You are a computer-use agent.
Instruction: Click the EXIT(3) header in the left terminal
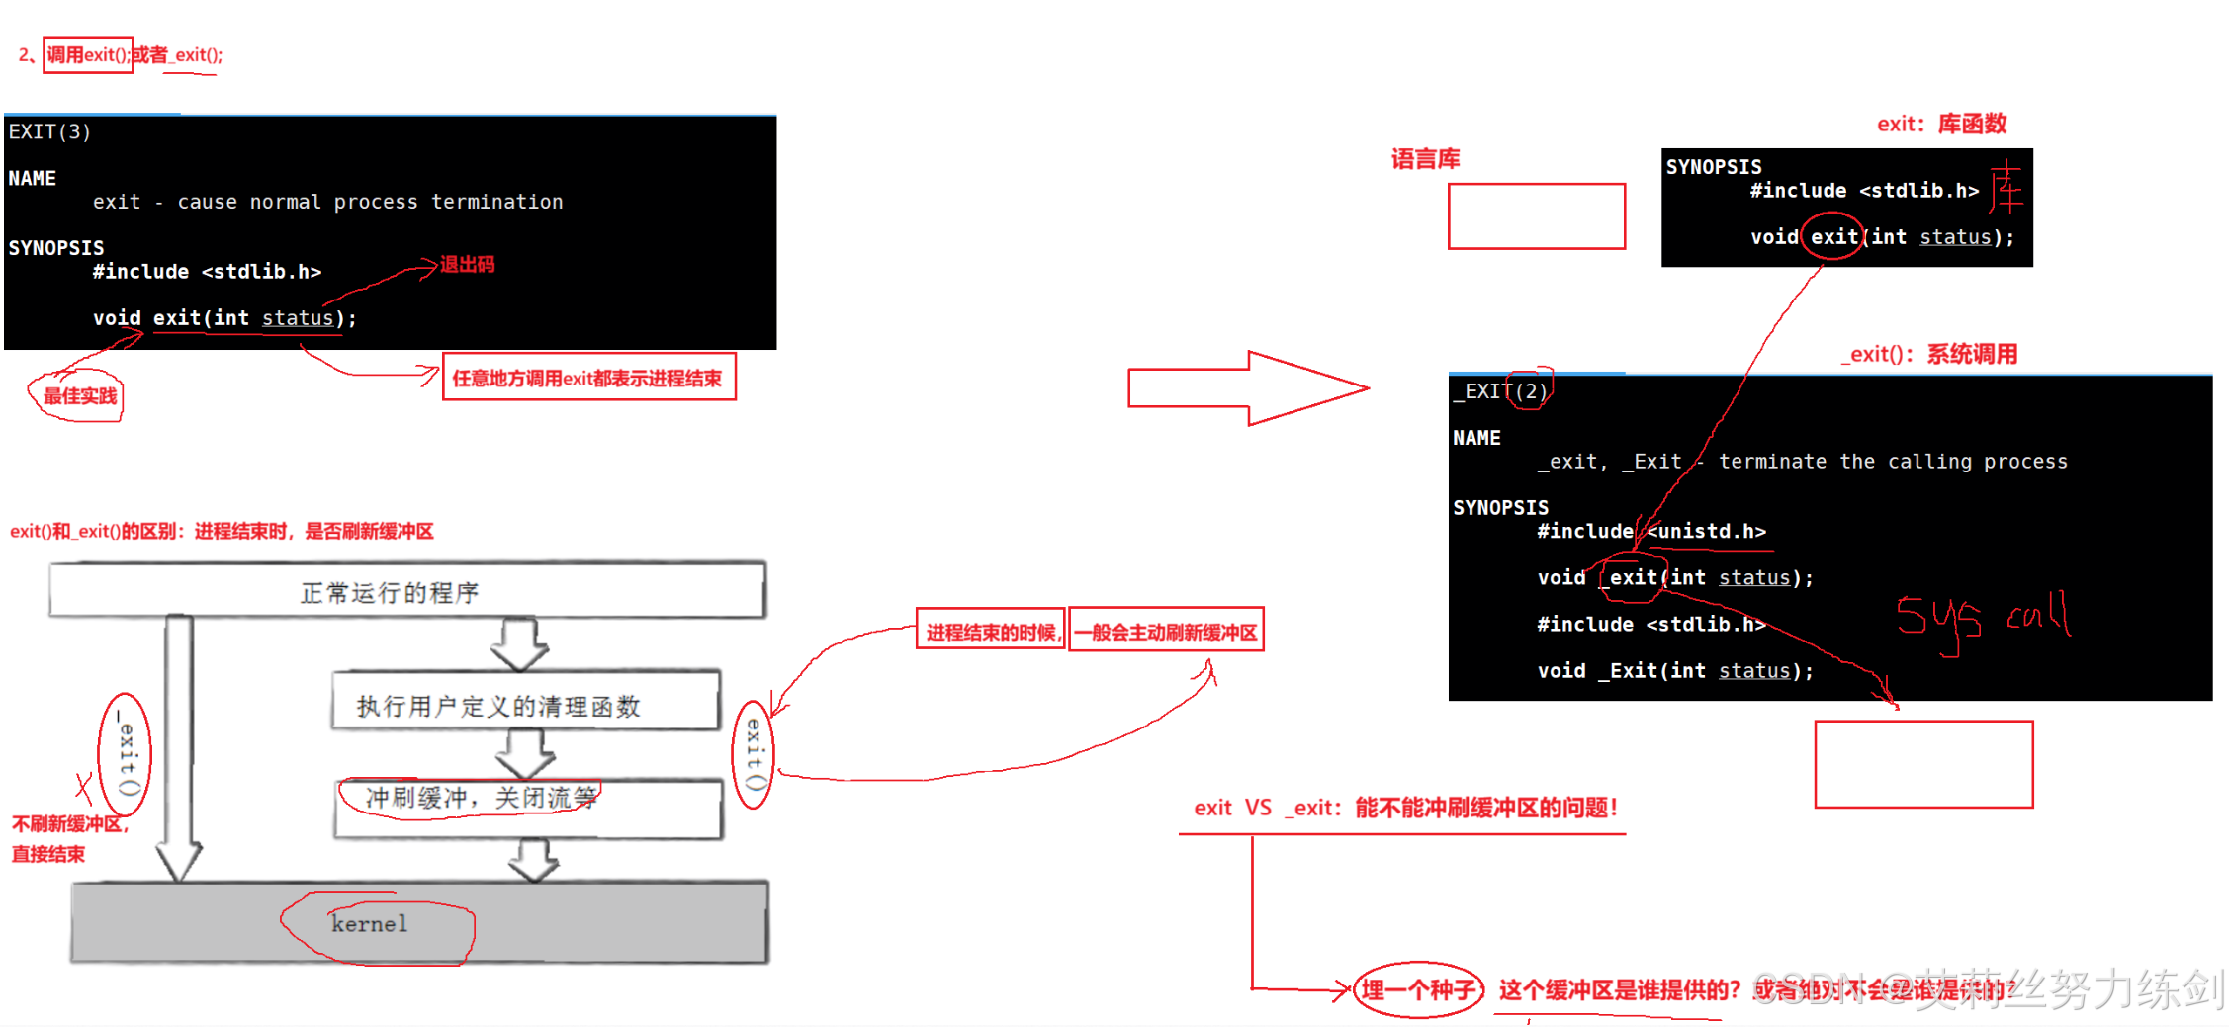pos(49,131)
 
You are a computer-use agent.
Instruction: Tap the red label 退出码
pos(467,265)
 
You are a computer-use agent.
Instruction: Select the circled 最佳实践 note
pos(79,396)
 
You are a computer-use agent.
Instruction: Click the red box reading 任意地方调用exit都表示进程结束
pos(588,378)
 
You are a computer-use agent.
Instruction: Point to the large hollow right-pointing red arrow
pos(1248,387)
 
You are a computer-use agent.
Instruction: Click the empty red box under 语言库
pos(1536,215)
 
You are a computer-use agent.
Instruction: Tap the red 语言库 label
pos(1425,159)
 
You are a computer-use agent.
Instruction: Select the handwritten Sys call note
pos(1982,618)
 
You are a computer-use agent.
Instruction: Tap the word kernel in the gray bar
pos(369,924)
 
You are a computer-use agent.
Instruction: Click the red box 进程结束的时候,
pos(990,631)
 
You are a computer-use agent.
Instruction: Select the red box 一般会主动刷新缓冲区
pos(1166,631)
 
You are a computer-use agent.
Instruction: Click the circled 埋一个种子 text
pos(1417,989)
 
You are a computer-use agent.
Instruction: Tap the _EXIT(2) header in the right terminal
pos(1500,391)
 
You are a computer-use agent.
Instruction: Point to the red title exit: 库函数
pos(1941,124)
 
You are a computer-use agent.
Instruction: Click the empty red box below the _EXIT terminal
pos(1923,764)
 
